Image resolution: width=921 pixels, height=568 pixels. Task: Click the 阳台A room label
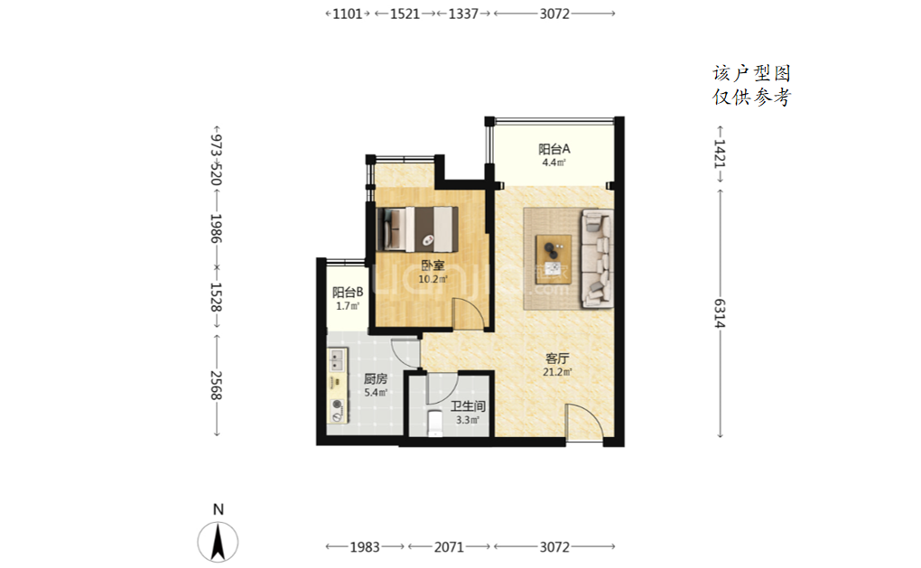[x=554, y=149]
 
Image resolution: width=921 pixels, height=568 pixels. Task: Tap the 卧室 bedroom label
[x=433, y=265]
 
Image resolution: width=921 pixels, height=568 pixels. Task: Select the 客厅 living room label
[x=557, y=358]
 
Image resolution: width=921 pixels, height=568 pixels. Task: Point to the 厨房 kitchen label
[x=376, y=379]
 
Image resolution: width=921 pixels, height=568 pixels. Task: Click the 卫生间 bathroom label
[x=468, y=405]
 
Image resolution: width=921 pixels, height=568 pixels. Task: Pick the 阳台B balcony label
[x=348, y=292]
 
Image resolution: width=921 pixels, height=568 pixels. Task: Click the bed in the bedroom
[x=418, y=228]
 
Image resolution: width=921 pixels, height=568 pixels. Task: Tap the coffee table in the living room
[x=554, y=257]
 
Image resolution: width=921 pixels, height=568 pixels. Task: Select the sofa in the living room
[x=596, y=258]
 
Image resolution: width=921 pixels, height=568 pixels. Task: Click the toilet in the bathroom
[x=435, y=424]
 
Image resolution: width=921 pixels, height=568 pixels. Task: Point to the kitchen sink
[x=337, y=359]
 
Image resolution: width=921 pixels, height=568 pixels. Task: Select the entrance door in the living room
[x=584, y=421]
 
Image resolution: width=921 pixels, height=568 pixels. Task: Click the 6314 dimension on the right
[x=721, y=313]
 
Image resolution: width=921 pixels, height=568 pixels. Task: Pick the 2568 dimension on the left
[x=216, y=386]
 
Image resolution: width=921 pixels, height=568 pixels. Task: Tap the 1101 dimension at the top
[x=348, y=14]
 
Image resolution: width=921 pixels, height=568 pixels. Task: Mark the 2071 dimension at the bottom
[x=450, y=547]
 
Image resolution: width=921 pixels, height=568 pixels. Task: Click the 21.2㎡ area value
[x=557, y=372]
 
